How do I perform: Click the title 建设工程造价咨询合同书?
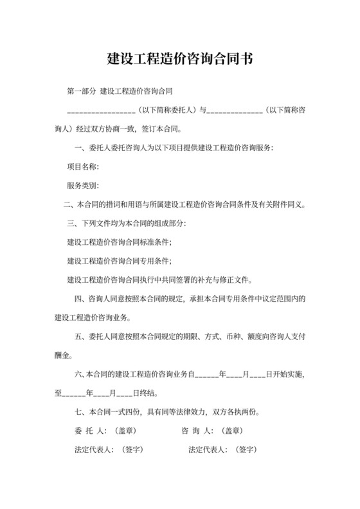tap(179, 60)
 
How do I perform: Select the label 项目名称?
tap(83, 168)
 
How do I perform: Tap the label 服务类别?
tap(83, 186)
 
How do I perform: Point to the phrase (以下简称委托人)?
tap(169, 110)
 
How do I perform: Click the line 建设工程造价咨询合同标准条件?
tap(120, 242)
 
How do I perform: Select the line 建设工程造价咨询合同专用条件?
tap(120, 261)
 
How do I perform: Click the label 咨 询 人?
tap(195, 431)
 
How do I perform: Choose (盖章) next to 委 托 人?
tap(124, 431)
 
